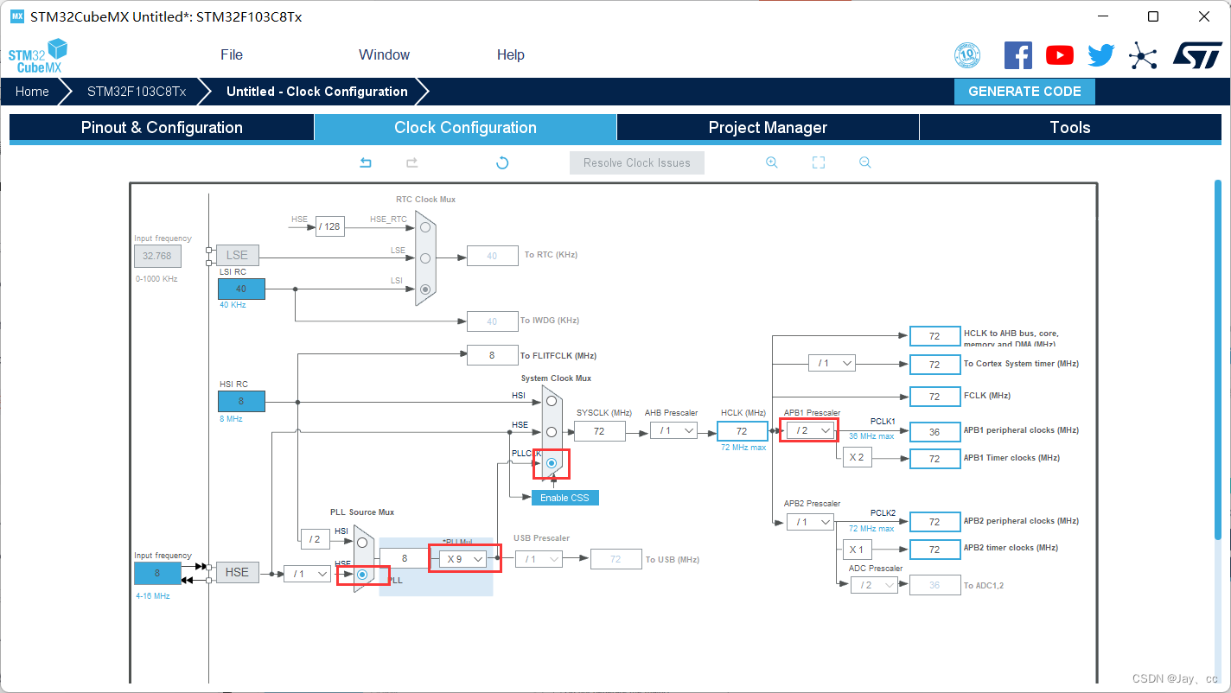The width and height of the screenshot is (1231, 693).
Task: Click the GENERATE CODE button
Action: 1024,92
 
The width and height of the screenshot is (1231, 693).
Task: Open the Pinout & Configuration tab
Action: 162,128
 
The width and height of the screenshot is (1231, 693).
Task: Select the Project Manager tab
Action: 768,128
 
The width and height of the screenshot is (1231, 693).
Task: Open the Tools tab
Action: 1069,128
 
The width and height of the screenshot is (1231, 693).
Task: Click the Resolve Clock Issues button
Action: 636,162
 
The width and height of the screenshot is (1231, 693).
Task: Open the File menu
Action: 232,54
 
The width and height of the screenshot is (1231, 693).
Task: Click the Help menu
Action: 510,54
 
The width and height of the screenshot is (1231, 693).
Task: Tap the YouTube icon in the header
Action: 1059,55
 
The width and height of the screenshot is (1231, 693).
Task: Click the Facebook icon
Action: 1017,55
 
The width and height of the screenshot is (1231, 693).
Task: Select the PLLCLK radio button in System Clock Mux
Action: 551,463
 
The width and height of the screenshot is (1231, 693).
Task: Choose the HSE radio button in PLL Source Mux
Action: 362,574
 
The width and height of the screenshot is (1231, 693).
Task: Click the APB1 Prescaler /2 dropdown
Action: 810,430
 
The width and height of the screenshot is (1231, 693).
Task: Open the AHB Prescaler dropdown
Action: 673,430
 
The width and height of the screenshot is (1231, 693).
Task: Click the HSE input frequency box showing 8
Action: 157,573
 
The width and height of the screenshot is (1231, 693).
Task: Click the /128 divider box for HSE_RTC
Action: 329,227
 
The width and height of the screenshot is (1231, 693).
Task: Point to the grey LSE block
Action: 237,255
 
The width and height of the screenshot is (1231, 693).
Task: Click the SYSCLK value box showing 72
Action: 599,430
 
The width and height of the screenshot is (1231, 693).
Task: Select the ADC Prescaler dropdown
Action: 873,585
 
